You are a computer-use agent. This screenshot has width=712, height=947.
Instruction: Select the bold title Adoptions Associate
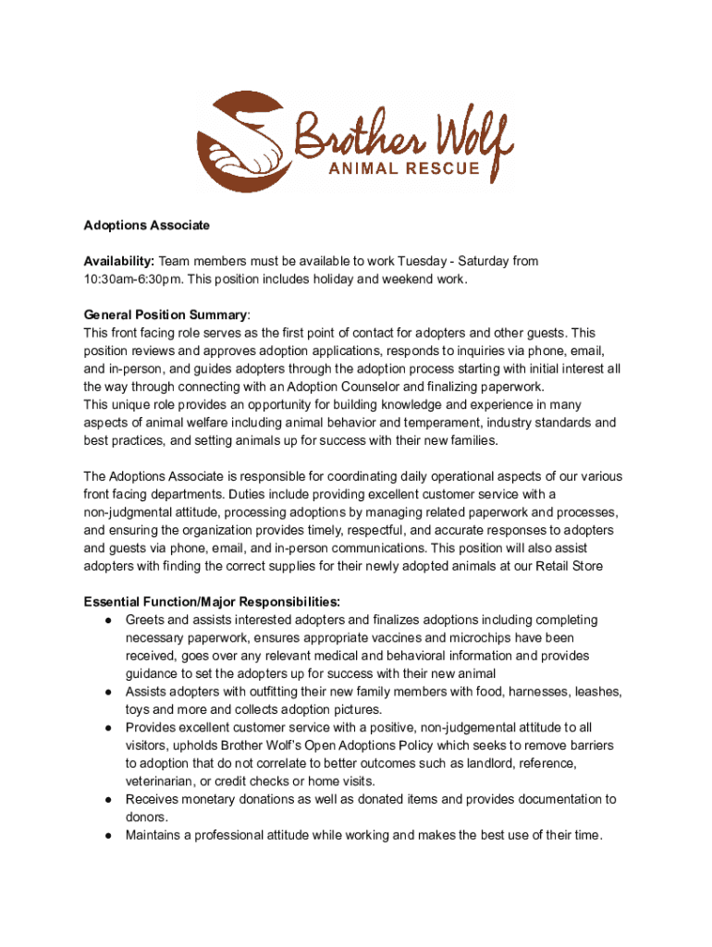click(x=147, y=226)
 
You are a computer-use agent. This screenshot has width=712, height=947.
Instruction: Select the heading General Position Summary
click(x=165, y=315)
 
